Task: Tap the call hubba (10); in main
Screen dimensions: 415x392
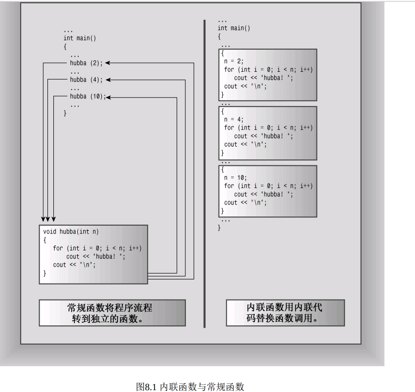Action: pyautogui.click(x=88, y=97)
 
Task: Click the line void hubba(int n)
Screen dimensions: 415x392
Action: pyautogui.click(x=71, y=232)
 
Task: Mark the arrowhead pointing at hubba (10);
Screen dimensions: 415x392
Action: pyautogui.click(x=110, y=97)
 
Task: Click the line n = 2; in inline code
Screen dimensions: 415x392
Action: pyautogui.click(x=233, y=61)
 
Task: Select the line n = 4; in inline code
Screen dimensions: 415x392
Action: pyautogui.click(x=233, y=119)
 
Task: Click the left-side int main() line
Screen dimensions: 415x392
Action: pyautogui.click(x=80, y=38)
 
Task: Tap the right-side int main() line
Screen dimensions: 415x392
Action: pyautogui.click(x=234, y=28)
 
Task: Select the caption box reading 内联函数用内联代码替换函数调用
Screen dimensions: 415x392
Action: pyautogui.click(x=285, y=313)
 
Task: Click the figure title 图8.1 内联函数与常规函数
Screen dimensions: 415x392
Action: pyautogui.click(x=190, y=386)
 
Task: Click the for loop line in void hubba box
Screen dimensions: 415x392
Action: pyautogui.click(x=97, y=248)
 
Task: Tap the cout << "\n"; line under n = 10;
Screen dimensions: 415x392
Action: pyautogui.click(x=245, y=202)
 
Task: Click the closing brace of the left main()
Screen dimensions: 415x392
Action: pyautogui.click(x=65, y=113)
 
